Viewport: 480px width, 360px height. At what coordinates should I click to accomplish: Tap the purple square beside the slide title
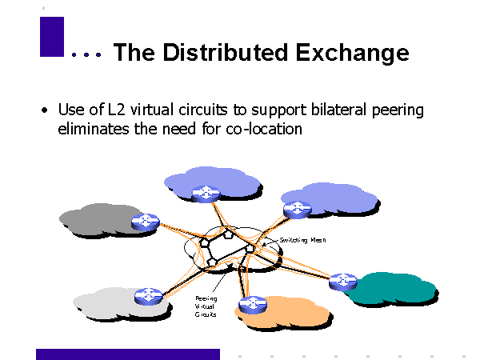51,36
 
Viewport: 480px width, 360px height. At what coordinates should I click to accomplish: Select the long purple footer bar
128,354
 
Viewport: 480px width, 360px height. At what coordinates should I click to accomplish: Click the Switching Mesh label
302,239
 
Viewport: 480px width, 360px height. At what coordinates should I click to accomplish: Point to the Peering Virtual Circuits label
206,306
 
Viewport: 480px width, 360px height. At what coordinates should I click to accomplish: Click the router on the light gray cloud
147,294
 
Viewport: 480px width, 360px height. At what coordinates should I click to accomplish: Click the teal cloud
396,288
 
